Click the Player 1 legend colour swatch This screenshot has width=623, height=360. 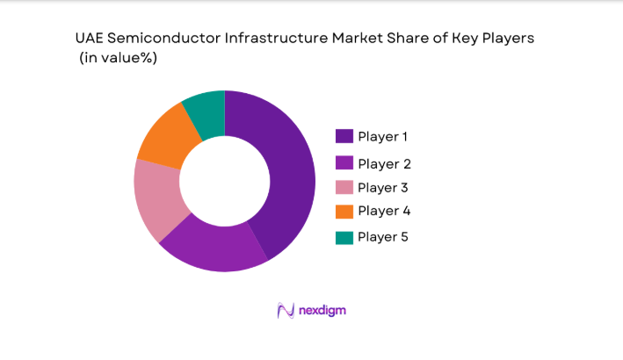(x=344, y=136)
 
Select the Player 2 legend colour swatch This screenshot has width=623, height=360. (x=344, y=163)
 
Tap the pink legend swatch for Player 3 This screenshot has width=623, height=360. (x=344, y=187)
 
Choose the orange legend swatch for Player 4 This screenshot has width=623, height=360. (x=344, y=211)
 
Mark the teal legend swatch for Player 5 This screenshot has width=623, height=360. (x=344, y=237)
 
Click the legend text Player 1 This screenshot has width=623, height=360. (x=383, y=136)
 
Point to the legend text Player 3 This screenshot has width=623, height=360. (x=383, y=187)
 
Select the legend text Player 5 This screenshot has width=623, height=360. (x=383, y=237)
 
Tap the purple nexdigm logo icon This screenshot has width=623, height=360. (x=285, y=310)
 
